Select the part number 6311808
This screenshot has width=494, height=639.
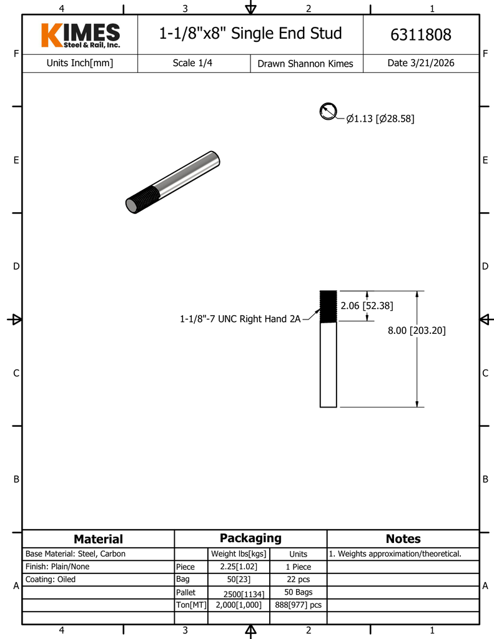[420, 35]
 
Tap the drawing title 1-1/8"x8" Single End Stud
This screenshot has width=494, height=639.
[250, 34]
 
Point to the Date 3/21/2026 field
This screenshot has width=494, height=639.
[420, 63]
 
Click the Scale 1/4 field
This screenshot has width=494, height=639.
[192, 63]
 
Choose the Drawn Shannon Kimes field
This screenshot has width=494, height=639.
[305, 64]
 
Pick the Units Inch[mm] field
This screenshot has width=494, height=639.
[80, 63]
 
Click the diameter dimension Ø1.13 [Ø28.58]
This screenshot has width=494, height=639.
[380, 119]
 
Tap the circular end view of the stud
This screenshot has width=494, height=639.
[329, 112]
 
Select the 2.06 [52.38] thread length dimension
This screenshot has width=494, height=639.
[367, 306]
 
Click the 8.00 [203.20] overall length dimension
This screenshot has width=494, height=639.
[417, 331]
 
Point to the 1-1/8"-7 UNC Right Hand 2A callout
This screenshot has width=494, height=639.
[240, 319]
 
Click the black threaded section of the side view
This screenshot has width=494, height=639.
[329, 306]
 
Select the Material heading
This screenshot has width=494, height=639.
[98, 539]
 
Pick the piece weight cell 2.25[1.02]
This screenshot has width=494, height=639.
[239, 567]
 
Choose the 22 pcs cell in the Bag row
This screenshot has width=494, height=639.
[299, 580]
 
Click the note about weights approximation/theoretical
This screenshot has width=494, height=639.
[395, 554]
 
